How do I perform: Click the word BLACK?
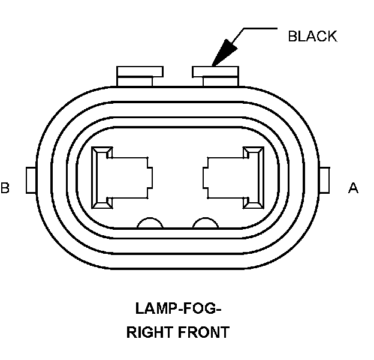click(x=312, y=36)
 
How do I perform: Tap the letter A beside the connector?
click(x=354, y=188)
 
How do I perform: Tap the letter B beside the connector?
click(x=5, y=188)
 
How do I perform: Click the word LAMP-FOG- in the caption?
click(x=178, y=310)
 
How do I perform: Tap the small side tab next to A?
click(x=326, y=180)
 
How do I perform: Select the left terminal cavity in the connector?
click(x=120, y=177)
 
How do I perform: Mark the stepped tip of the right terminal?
click(x=206, y=177)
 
